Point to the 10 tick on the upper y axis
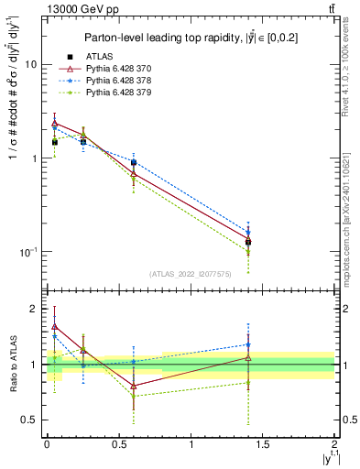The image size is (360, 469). [x=31, y=65]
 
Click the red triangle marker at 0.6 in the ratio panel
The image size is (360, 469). [x=134, y=386]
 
